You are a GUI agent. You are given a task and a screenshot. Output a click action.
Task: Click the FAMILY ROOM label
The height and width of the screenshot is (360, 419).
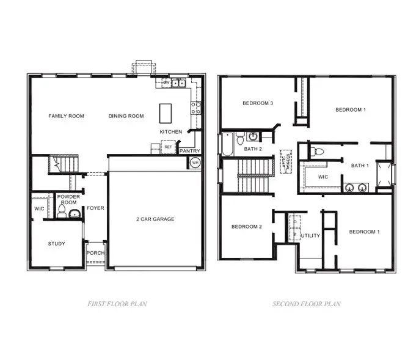pyautogui.click(x=67, y=116)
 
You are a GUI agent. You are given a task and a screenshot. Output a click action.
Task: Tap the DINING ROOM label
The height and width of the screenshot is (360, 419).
pyautogui.click(x=126, y=116)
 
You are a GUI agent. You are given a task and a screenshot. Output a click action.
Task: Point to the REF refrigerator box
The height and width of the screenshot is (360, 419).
pyautogui.click(x=168, y=147)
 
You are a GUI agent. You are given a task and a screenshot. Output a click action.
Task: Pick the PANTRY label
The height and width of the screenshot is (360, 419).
pyautogui.click(x=190, y=151)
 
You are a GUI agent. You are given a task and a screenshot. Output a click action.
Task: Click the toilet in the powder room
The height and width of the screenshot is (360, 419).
pyautogui.click(x=62, y=212)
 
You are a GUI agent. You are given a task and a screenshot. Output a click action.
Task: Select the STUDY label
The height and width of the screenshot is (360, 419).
pyautogui.click(x=57, y=244)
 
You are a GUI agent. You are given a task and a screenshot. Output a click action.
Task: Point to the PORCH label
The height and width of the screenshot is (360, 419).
pyautogui.click(x=95, y=253)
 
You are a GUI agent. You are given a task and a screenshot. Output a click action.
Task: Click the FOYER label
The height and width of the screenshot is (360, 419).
pyautogui.click(x=95, y=208)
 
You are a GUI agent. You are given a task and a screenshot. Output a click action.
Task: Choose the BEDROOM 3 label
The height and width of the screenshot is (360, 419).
pyautogui.click(x=257, y=103)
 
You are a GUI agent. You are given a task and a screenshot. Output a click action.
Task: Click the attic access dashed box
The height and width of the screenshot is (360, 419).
pyautogui.click(x=286, y=162)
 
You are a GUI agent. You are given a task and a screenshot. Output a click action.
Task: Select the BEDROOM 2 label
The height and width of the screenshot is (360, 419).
pyautogui.click(x=246, y=227)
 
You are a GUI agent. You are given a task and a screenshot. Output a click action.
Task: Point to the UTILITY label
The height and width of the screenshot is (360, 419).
pyautogui.click(x=311, y=235)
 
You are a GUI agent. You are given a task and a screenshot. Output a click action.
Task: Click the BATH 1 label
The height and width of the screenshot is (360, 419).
pyautogui.click(x=360, y=166)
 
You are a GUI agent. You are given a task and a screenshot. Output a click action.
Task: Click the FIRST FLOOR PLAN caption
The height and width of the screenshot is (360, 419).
pyautogui.click(x=117, y=304)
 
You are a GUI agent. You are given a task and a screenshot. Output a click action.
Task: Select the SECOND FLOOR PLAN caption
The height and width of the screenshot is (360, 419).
pyautogui.click(x=307, y=304)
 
